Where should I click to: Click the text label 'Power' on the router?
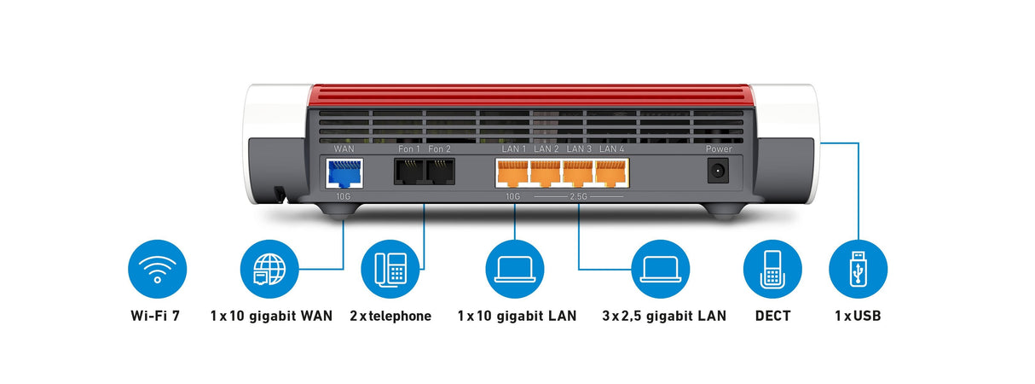click(x=720, y=148)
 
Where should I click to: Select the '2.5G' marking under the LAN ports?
click(x=579, y=195)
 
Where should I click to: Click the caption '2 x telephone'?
click(x=390, y=316)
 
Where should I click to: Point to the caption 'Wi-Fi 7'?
click(x=156, y=316)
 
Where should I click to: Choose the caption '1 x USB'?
click(x=858, y=316)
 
